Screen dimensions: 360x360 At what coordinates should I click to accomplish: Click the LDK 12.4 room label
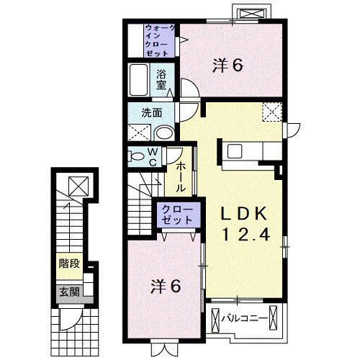click(x=244, y=224)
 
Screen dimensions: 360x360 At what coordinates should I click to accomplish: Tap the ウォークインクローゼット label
click(x=159, y=40)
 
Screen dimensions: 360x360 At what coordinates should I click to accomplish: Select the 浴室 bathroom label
click(x=161, y=80)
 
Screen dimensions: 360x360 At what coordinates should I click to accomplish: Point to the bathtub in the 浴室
click(x=138, y=80)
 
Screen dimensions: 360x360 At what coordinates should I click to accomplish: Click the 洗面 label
click(x=151, y=113)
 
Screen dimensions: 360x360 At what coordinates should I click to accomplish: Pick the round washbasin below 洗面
click(x=164, y=133)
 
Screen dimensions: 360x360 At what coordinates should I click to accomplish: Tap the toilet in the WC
click(x=136, y=156)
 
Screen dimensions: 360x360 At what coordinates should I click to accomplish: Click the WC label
click(x=153, y=157)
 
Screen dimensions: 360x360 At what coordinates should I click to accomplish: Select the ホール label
click(x=181, y=177)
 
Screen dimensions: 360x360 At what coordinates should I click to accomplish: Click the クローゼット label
click(x=177, y=215)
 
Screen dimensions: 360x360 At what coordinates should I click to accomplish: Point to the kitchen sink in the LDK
click(x=235, y=151)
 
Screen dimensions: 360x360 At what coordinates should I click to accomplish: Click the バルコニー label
click(x=244, y=318)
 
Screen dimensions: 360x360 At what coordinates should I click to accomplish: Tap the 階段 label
click(x=69, y=264)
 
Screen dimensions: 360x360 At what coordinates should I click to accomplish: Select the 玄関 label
click(x=69, y=292)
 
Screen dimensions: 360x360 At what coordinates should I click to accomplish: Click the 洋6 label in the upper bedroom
click(x=228, y=66)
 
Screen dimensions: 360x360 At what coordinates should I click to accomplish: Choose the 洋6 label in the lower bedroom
click(x=166, y=287)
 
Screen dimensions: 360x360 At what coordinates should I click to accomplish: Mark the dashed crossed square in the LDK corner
click(x=272, y=112)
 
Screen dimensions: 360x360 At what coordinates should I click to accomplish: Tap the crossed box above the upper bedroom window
click(x=252, y=14)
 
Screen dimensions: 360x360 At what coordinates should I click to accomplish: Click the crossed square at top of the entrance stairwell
click(x=78, y=186)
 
